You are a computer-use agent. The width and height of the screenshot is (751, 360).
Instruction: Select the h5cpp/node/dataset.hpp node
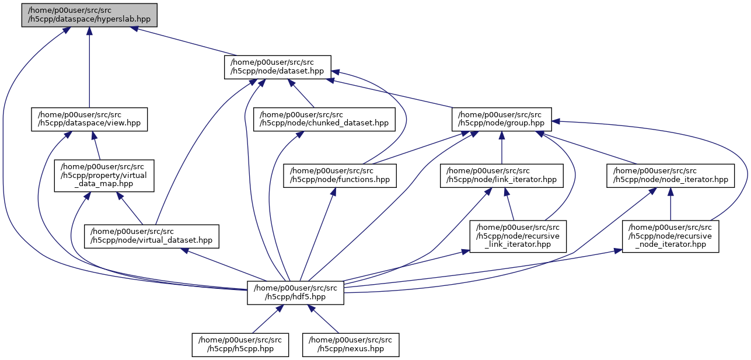pyautogui.click(x=278, y=67)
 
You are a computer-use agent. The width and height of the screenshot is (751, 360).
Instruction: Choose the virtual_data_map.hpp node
pyautogui.click(x=104, y=176)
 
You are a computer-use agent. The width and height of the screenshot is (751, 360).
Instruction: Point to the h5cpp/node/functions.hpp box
pyautogui.click(x=340, y=175)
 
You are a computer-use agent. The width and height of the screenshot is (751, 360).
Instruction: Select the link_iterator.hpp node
pyautogui.click(x=502, y=175)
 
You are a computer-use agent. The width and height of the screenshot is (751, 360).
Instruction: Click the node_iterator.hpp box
pyautogui.click(x=670, y=175)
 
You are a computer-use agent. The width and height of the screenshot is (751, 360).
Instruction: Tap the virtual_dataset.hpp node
pyautogui.click(x=152, y=236)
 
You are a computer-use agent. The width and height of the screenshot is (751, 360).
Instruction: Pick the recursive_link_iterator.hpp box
pyautogui.click(x=518, y=236)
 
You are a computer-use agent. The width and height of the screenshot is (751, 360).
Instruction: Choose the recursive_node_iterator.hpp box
pyautogui.click(x=670, y=236)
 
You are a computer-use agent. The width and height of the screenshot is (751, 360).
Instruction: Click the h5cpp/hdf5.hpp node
pyautogui.click(x=295, y=292)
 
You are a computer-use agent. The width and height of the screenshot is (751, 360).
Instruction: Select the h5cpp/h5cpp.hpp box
pyautogui.click(x=241, y=344)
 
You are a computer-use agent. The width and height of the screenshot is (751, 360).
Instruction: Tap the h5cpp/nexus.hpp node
pyautogui.click(x=351, y=344)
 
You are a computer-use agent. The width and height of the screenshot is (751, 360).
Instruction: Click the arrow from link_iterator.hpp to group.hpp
pyautogui.click(x=502, y=147)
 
